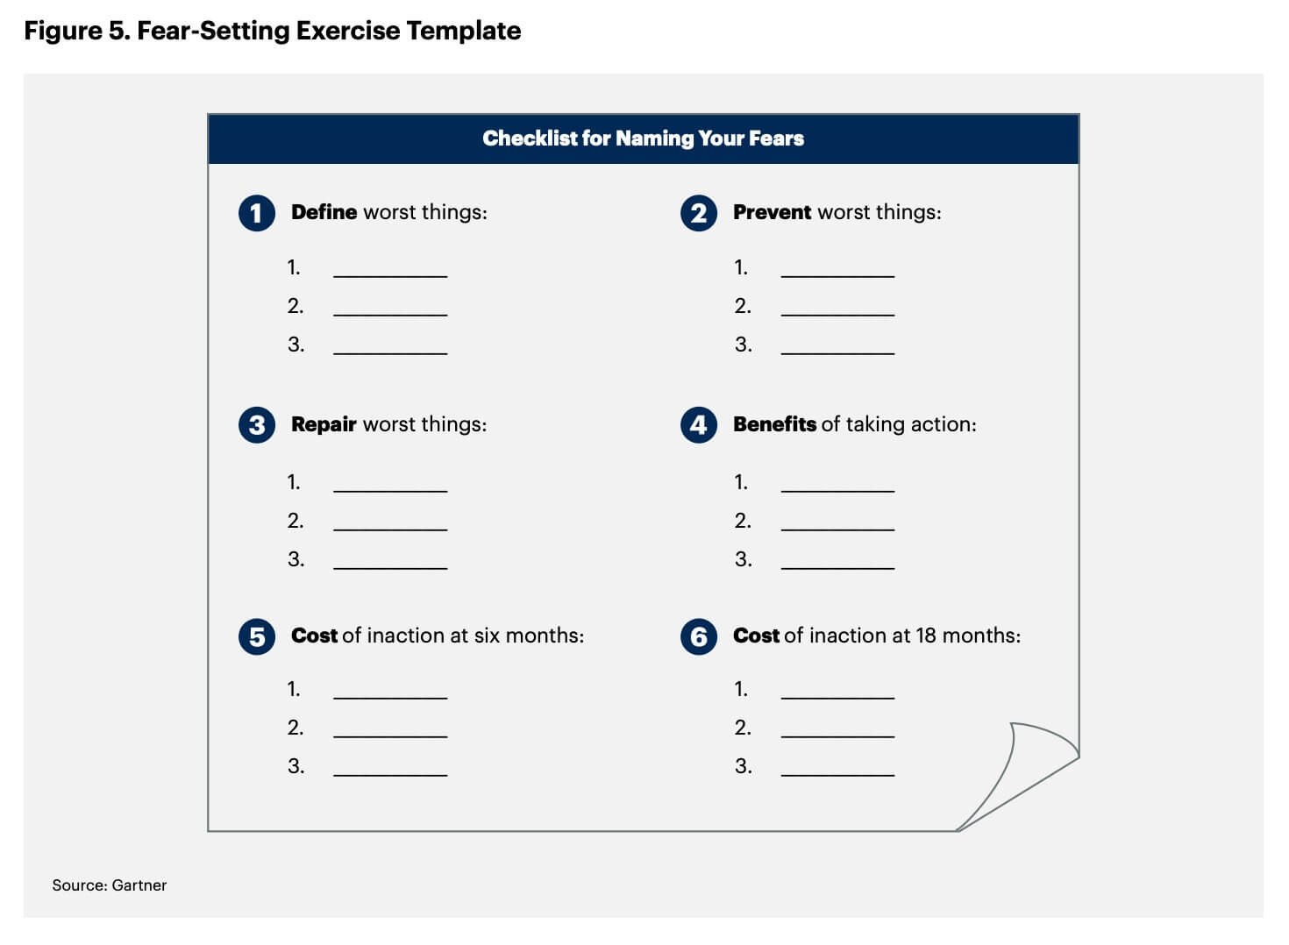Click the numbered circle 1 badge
[256, 213]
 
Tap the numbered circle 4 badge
[699, 425]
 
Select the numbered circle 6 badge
[699, 636]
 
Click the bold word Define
[324, 212]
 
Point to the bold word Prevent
[772, 212]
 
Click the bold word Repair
[324, 424]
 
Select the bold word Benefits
[774, 424]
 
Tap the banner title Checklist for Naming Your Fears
[643, 139]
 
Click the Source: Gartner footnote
[109, 885]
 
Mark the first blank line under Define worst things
[390, 275]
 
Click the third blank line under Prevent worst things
[837, 352]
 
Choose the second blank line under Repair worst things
[390, 529]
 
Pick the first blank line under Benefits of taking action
[837, 490]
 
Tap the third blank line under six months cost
[390, 774]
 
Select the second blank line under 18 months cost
[837, 735]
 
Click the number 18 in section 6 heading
[926, 636]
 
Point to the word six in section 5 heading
[487, 636]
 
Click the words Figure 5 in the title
[75, 31]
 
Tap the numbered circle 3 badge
[256, 425]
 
